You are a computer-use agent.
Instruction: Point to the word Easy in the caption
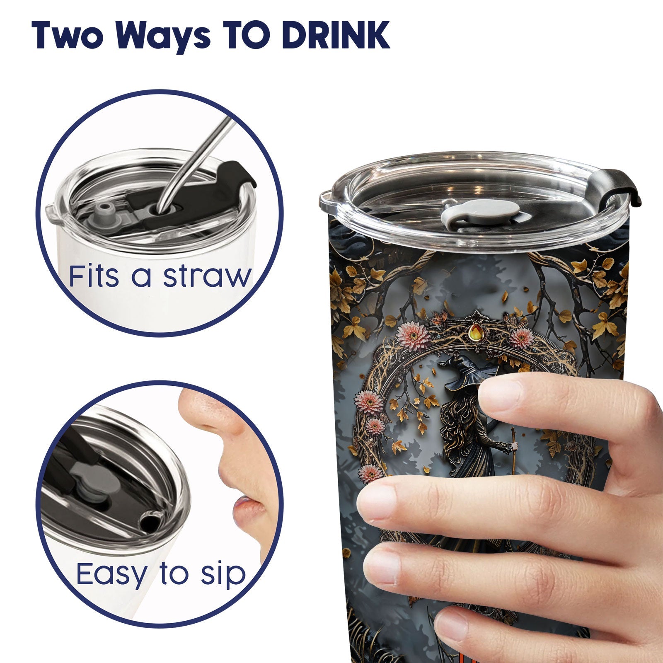click(x=112, y=574)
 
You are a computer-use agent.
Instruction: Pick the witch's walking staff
click(x=514, y=452)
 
